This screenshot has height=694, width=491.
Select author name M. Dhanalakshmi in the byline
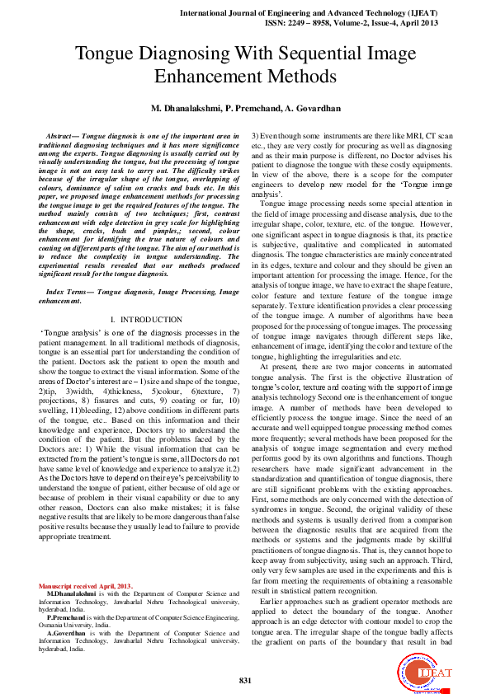[x=185, y=109]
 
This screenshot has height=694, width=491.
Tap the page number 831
[x=244, y=680]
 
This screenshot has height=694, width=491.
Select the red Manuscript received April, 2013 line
[x=85, y=586]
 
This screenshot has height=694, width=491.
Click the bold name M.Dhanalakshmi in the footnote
[x=72, y=593]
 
